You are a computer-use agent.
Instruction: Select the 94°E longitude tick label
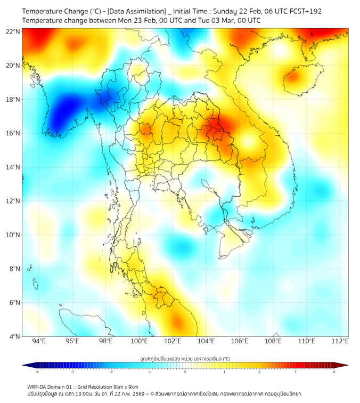click(x=39, y=341)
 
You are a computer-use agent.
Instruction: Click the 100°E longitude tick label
click(x=139, y=341)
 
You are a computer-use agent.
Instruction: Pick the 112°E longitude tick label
click(x=340, y=341)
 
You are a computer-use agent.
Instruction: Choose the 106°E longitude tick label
click(x=240, y=341)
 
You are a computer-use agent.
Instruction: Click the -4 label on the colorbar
click(x=37, y=371)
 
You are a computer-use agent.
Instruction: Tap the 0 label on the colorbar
click(x=185, y=371)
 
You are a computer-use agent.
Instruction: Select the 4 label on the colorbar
click(x=334, y=371)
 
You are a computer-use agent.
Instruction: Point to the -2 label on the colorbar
click(x=111, y=371)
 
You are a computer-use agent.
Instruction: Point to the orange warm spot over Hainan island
click(x=292, y=76)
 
